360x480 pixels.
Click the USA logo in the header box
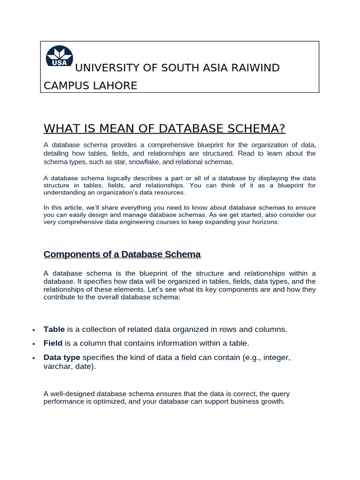point(59,57)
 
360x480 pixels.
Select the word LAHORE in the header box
point(115,86)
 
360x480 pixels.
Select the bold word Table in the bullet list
point(54,330)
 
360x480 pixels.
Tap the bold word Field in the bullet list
point(53,344)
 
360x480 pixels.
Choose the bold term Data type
point(62,358)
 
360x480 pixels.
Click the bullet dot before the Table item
point(34,330)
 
